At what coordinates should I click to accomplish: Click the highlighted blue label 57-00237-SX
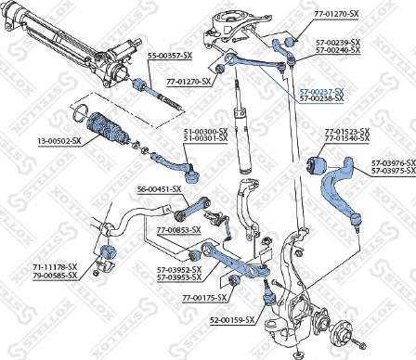pyautogui.click(x=321, y=91)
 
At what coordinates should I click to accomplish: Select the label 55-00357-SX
pyautogui.click(x=170, y=56)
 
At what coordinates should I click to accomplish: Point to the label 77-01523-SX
pyautogui.click(x=345, y=131)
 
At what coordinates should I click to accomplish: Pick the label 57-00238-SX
pyautogui.click(x=321, y=98)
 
